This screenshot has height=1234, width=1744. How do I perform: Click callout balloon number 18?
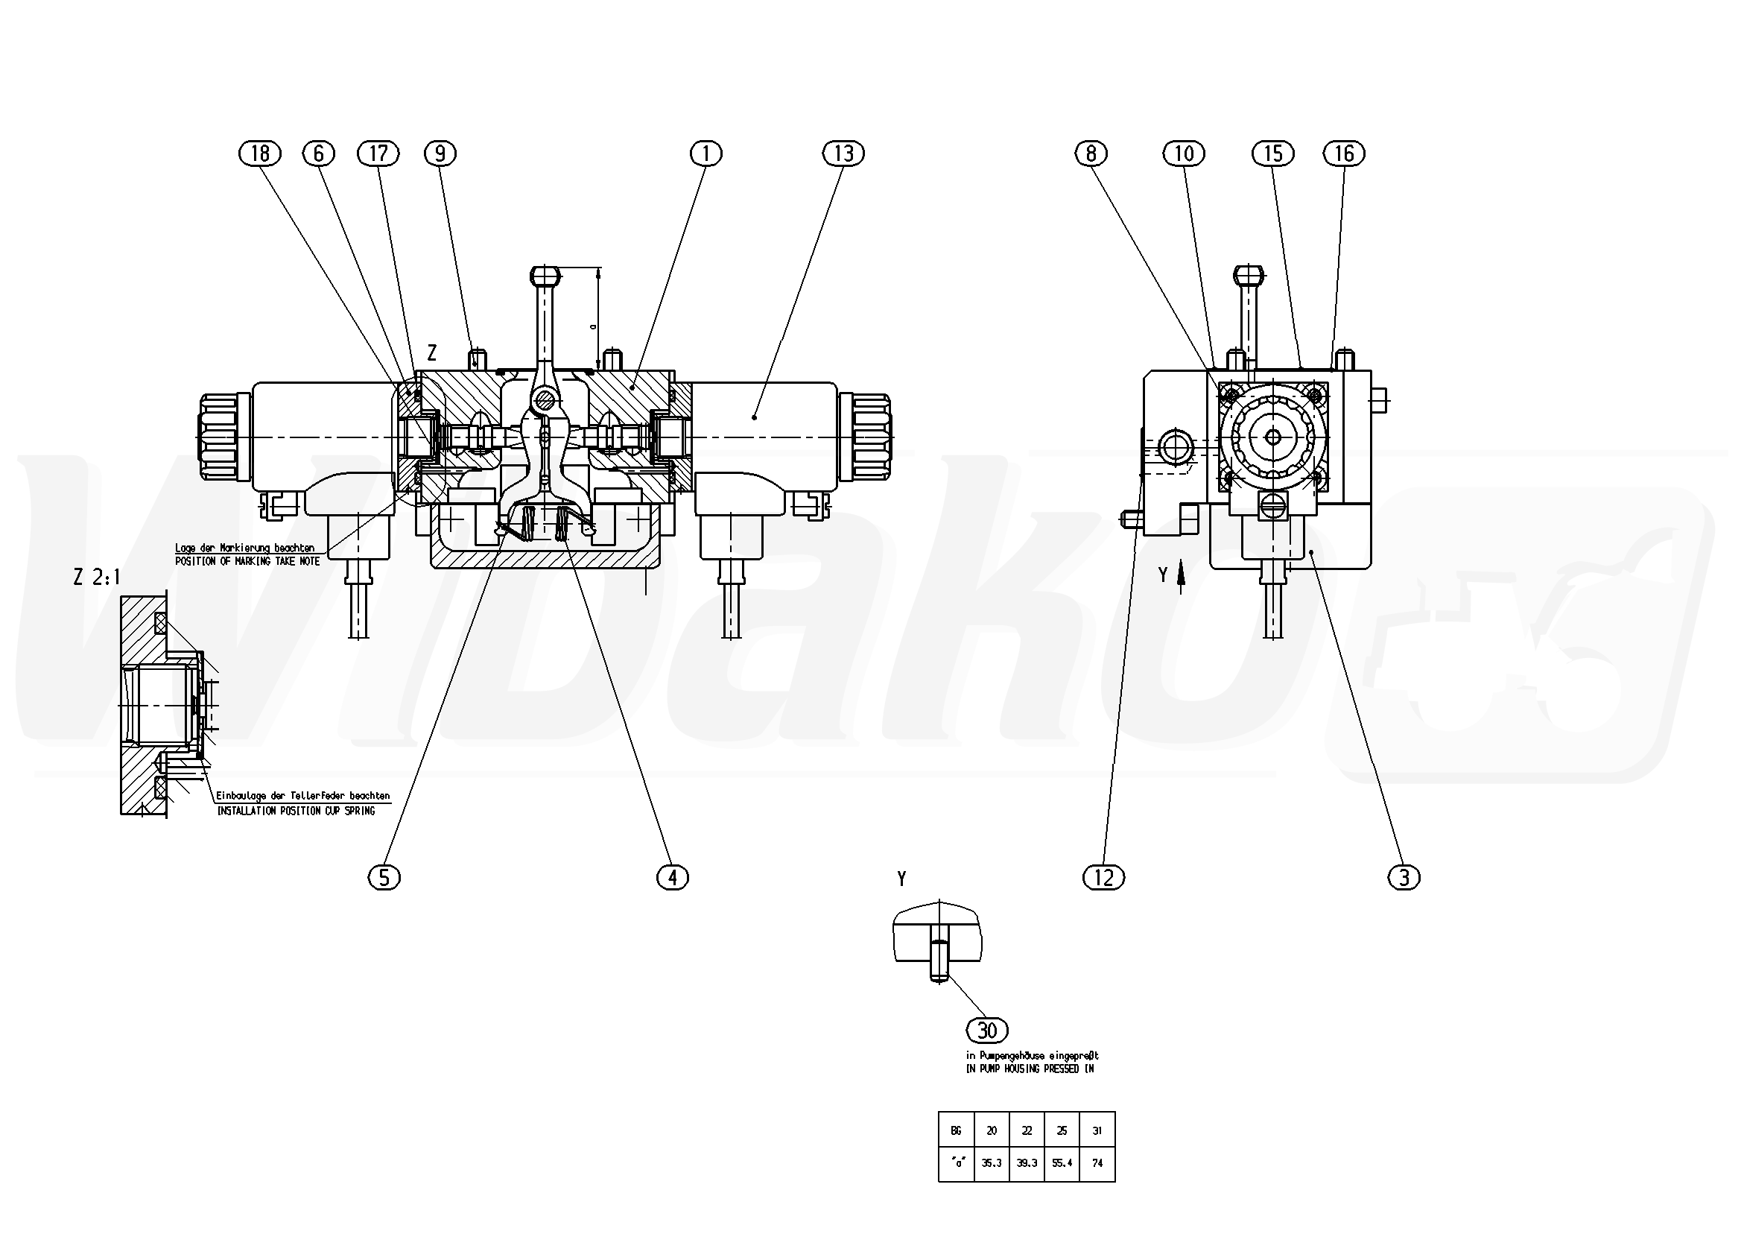click(x=260, y=154)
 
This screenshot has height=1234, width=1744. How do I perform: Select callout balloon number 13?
click(x=843, y=154)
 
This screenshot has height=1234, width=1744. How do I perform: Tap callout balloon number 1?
click(x=705, y=154)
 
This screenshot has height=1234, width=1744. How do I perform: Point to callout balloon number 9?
click(x=440, y=154)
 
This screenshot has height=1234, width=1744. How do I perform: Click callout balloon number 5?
click(x=384, y=878)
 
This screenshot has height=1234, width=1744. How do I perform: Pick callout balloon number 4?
click(x=672, y=878)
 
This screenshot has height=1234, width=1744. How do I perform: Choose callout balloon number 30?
click(x=986, y=1031)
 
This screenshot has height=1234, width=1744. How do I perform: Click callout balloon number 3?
click(x=1404, y=878)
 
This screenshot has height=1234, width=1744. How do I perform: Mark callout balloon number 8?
click(x=1091, y=154)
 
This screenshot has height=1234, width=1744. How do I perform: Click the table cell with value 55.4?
click(x=1062, y=1163)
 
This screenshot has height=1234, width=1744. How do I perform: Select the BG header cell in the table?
click(x=956, y=1130)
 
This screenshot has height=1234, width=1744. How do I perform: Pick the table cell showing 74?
click(x=1097, y=1163)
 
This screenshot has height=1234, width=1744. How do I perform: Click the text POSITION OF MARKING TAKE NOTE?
click(x=247, y=561)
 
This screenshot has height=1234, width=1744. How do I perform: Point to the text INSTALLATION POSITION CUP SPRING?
click(x=297, y=811)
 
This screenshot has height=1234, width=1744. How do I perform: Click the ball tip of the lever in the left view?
click(x=545, y=273)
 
